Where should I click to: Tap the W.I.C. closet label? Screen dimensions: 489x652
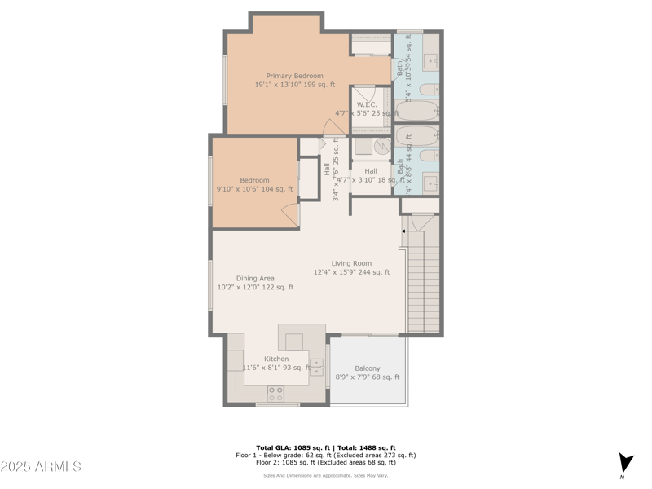pyautogui.click(x=367, y=104)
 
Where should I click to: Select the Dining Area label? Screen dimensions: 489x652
pyautogui.click(x=255, y=278)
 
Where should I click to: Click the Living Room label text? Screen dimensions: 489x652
pyautogui.click(x=351, y=263)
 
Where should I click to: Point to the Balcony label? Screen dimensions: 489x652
pyautogui.click(x=367, y=368)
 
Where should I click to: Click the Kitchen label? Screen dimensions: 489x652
pyautogui.click(x=276, y=359)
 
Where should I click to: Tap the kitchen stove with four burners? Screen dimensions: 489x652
pyautogui.click(x=276, y=393)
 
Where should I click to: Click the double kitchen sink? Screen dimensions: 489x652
pyautogui.click(x=316, y=367)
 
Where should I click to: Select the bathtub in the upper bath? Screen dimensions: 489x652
pyautogui.click(x=416, y=111)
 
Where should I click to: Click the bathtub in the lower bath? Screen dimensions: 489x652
pyautogui.click(x=416, y=134)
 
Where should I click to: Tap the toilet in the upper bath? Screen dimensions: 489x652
pyautogui.click(x=430, y=89)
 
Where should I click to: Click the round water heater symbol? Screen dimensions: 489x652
pyautogui.click(x=381, y=146)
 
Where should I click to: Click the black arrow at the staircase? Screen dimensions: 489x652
pyautogui.click(x=403, y=231)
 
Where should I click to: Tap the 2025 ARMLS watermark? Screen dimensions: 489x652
pyautogui.click(x=41, y=467)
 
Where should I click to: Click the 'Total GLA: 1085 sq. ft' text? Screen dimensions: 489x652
pyautogui.click(x=293, y=447)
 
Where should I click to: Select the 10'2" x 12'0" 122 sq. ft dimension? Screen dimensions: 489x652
pyautogui.click(x=255, y=287)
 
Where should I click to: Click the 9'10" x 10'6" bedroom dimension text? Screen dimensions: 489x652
pyautogui.click(x=254, y=189)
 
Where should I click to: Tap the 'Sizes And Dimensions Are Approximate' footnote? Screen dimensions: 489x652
pyautogui.click(x=326, y=475)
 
